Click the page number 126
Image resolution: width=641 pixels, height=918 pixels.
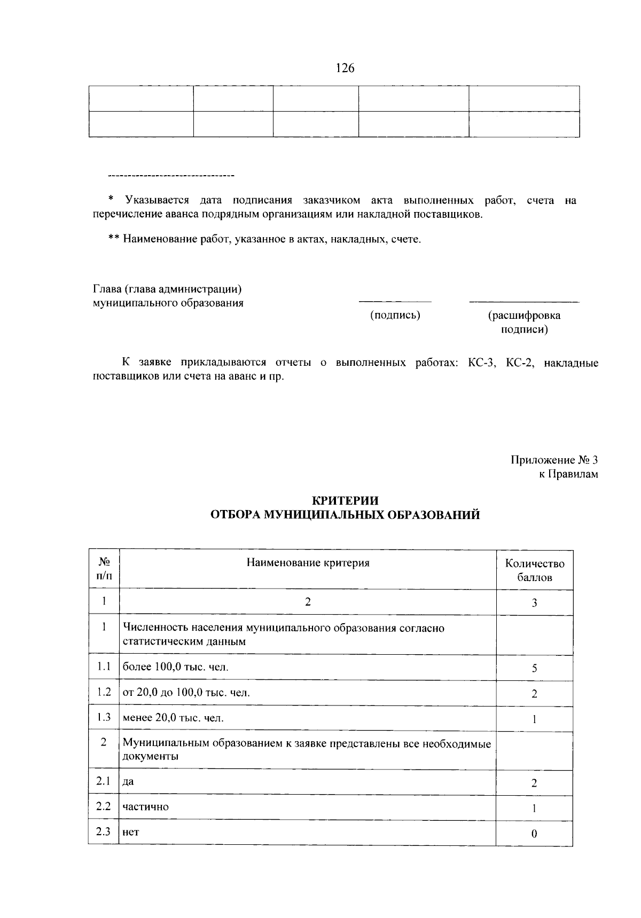(x=345, y=68)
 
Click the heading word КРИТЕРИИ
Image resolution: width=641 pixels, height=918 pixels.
(x=345, y=500)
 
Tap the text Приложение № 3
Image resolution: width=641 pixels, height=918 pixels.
(x=554, y=460)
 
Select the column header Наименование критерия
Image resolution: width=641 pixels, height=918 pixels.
(x=308, y=563)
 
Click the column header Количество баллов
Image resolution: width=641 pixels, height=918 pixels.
(x=534, y=570)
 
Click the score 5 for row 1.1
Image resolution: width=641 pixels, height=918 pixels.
(x=534, y=668)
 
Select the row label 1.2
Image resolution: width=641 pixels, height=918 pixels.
(x=104, y=692)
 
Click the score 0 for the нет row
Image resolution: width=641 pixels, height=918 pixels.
(x=534, y=834)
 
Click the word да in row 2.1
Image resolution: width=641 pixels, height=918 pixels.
(x=128, y=782)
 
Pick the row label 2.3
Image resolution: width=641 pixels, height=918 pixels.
(x=104, y=831)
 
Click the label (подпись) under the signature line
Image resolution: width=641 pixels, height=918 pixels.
(x=395, y=316)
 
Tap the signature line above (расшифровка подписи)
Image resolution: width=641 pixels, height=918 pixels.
(x=523, y=302)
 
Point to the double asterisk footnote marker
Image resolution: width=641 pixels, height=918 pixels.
(x=113, y=239)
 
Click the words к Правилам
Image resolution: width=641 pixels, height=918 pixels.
(x=568, y=474)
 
